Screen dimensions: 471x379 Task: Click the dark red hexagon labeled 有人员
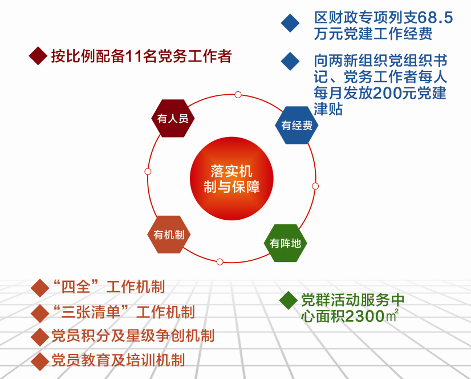173,118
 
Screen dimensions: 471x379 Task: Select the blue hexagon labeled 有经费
297,125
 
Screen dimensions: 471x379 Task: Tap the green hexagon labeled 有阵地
285,243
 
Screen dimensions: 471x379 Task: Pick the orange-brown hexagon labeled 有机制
169,235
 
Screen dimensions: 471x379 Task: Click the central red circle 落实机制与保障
232,179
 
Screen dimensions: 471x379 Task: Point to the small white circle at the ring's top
238,95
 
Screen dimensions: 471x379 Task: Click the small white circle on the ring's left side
148,171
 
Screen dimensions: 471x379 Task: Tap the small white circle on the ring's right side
315,186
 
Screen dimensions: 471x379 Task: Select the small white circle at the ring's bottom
220,261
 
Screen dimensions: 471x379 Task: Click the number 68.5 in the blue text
435,18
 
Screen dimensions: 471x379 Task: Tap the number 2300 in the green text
365,316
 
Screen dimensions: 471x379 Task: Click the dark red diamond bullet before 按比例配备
38,55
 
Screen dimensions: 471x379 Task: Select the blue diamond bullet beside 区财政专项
290,23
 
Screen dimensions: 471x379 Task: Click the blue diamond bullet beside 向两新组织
290,62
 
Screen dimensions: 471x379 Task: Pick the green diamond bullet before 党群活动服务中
289,300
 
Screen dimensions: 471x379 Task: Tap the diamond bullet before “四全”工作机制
40,288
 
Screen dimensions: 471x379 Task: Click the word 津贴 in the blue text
328,109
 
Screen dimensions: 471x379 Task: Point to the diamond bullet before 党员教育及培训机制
40,361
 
